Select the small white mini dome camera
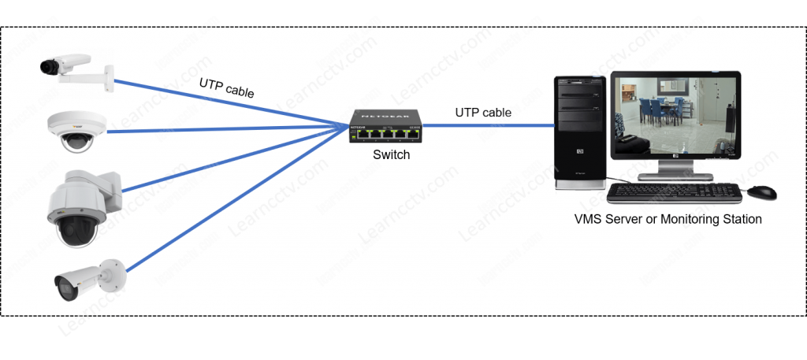[x=76, y=130]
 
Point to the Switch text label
[x=391, y=155]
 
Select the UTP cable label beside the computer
[x=482, y=113]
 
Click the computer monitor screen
[x=675, y=116]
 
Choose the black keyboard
[x=674, y=192]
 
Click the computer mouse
[x=762, y=191]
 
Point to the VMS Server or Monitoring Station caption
[x=668, y=219]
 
